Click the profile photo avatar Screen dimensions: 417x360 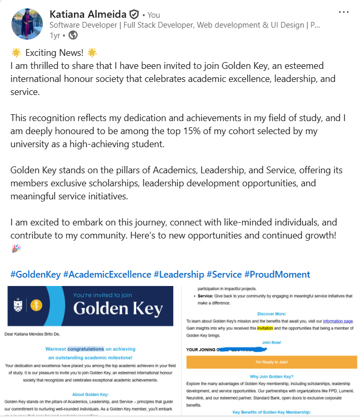pos(27,23)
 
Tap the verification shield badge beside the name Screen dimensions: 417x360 pos(134,15)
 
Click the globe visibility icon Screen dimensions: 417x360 pos(74,35)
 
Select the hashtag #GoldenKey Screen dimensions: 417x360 pos(34,275)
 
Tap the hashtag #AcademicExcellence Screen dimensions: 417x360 pos(107,275)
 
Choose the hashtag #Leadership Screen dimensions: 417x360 pos(179,275)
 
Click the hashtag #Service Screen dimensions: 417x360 pos(224,275)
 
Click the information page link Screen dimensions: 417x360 pos(338,320)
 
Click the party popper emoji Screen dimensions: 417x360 pos(16,249)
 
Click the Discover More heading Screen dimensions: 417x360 pos(272,314)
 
